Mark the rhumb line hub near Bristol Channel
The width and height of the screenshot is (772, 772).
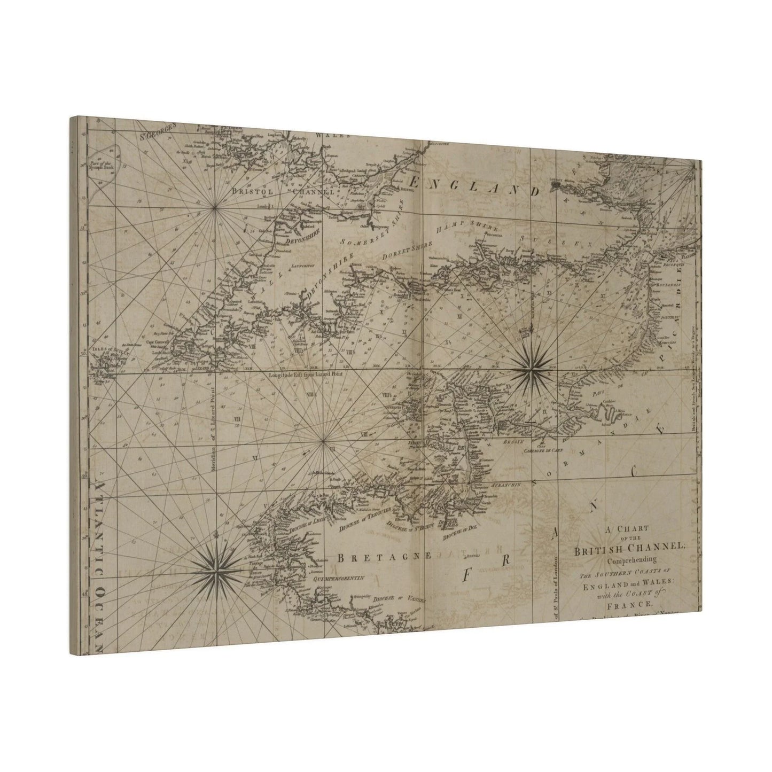(215, 209)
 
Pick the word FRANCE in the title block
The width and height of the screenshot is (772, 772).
(628, 604)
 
